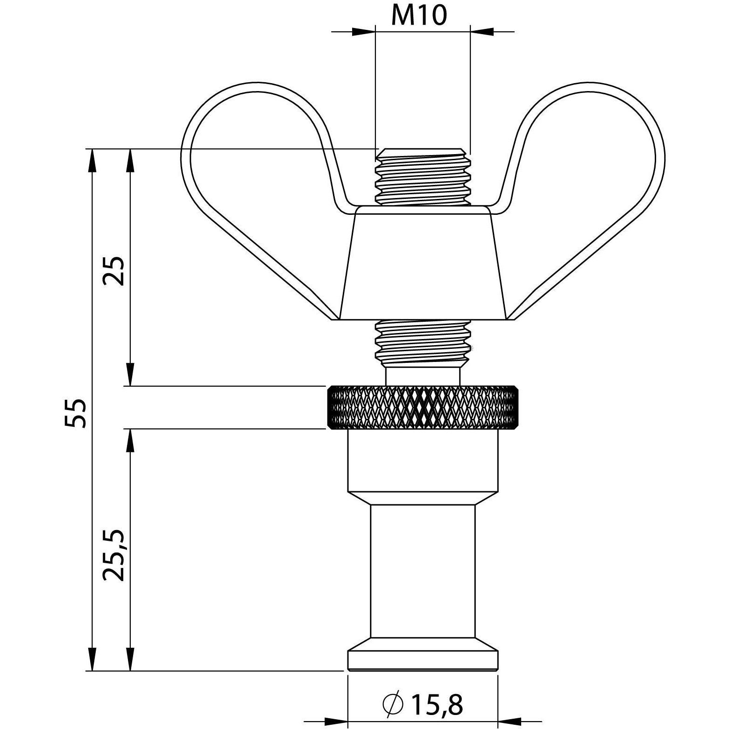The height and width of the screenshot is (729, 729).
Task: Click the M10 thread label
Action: pyautogui.click(x=419, y=15)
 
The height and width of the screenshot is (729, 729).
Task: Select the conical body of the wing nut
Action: pyautogui.click(x=423, y=266)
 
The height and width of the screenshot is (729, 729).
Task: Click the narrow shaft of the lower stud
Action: pyautogui.click(x=423, y=570)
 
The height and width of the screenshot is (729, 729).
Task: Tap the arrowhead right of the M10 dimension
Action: pyautogui.click(x=482, y=32)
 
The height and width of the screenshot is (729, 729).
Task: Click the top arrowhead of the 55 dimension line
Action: pyautogui.click(x=92, y=161)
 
